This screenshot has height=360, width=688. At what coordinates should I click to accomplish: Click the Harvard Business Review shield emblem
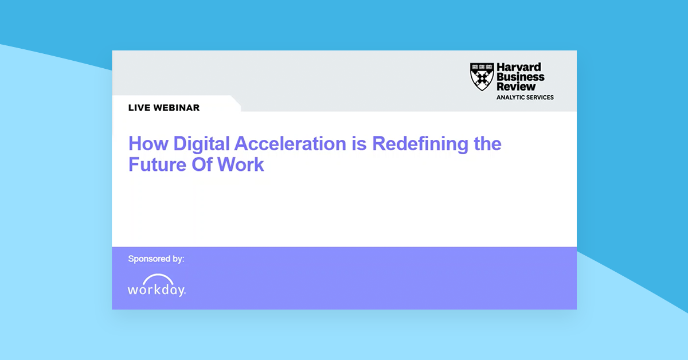[482, 77]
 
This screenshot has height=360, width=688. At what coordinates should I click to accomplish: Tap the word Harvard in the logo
[518, 68]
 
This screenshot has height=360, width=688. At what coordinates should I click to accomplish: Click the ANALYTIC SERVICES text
[525, 97]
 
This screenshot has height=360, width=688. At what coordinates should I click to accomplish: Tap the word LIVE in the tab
[139, 108]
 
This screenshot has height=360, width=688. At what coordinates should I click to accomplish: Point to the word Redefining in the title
[420, 143]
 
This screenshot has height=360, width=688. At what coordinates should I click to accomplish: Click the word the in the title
[487, 143]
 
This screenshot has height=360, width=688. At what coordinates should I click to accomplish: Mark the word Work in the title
[241, 165]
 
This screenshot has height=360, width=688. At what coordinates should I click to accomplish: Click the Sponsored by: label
[156, 259]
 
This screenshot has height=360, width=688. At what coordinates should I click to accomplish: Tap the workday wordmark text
[156, 289]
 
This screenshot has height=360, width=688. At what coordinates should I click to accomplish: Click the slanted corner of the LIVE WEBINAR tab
[236, 103]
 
